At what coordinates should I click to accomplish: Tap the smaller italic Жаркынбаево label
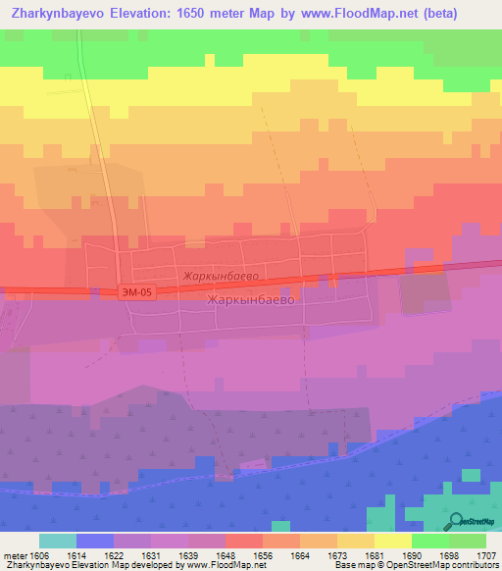click(x=219, y=278)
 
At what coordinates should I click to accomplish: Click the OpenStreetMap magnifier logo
click(x=457, y=521)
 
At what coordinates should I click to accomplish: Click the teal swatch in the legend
click(x=57, y=541)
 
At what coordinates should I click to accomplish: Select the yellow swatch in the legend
click(x=392, y=541)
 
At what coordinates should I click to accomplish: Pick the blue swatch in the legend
click(x=94, y=541)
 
